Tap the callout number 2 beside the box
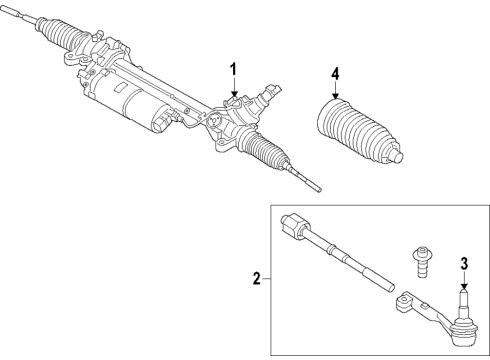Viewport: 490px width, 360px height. [257, 281]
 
